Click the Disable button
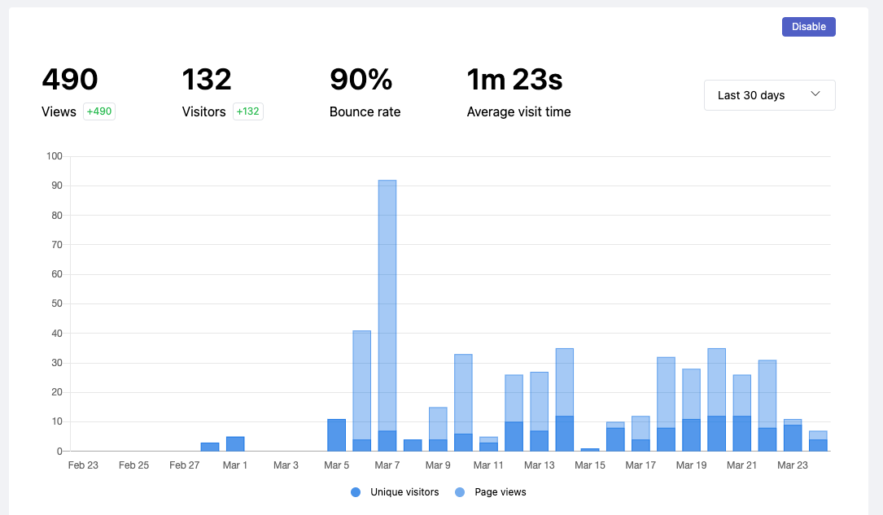(808, 27)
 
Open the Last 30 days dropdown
(769, 95)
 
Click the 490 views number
(70, 80)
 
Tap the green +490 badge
(99, 111)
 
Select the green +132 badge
(248, 111)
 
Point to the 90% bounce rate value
(361, 80)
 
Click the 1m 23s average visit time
(514, 80)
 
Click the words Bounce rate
(365, 112)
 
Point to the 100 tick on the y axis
(55, 156)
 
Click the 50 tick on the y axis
(57, 303)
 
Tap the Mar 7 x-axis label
(387, 465)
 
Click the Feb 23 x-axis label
(83, 465)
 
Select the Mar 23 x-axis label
(792, 465)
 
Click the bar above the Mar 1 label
(235, 444)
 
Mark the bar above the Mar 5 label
(336, 435)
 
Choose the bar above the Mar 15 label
(590, 449)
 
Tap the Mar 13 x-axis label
(539, 465)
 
